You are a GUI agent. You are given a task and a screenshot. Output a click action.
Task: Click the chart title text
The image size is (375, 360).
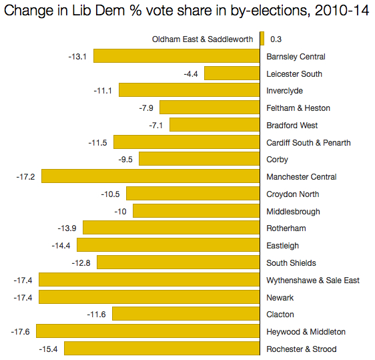pos(187,13)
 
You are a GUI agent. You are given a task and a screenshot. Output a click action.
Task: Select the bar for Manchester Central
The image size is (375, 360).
pos(150,176)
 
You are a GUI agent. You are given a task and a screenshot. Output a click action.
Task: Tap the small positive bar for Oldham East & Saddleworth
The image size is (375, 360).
pos(262,39)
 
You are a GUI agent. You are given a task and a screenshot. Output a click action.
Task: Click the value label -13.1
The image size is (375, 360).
pos(77,56)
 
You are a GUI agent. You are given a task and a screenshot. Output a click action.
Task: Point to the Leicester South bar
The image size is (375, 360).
pos(232,73)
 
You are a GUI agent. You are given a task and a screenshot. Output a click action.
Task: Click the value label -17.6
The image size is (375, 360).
pos(21,331)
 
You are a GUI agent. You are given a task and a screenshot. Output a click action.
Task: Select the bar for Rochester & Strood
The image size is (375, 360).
pos(161,349)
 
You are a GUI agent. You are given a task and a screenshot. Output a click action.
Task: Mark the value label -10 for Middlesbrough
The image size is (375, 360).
pos(120,211)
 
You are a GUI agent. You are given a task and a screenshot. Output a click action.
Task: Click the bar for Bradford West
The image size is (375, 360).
pos(214,125)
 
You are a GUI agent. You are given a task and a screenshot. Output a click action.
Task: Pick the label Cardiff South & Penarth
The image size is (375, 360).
pos(308,142)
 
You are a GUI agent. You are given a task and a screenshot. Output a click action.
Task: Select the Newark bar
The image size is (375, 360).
pos(149,297)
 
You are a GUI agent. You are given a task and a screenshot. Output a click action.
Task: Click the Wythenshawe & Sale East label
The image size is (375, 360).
pos(313,280)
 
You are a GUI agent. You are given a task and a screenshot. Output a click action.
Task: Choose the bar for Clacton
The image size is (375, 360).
pos(185,315)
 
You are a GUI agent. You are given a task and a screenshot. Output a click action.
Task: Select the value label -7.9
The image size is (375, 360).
pos(147,108)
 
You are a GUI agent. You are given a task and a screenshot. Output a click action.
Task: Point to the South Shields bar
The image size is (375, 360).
pos(178,262)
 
